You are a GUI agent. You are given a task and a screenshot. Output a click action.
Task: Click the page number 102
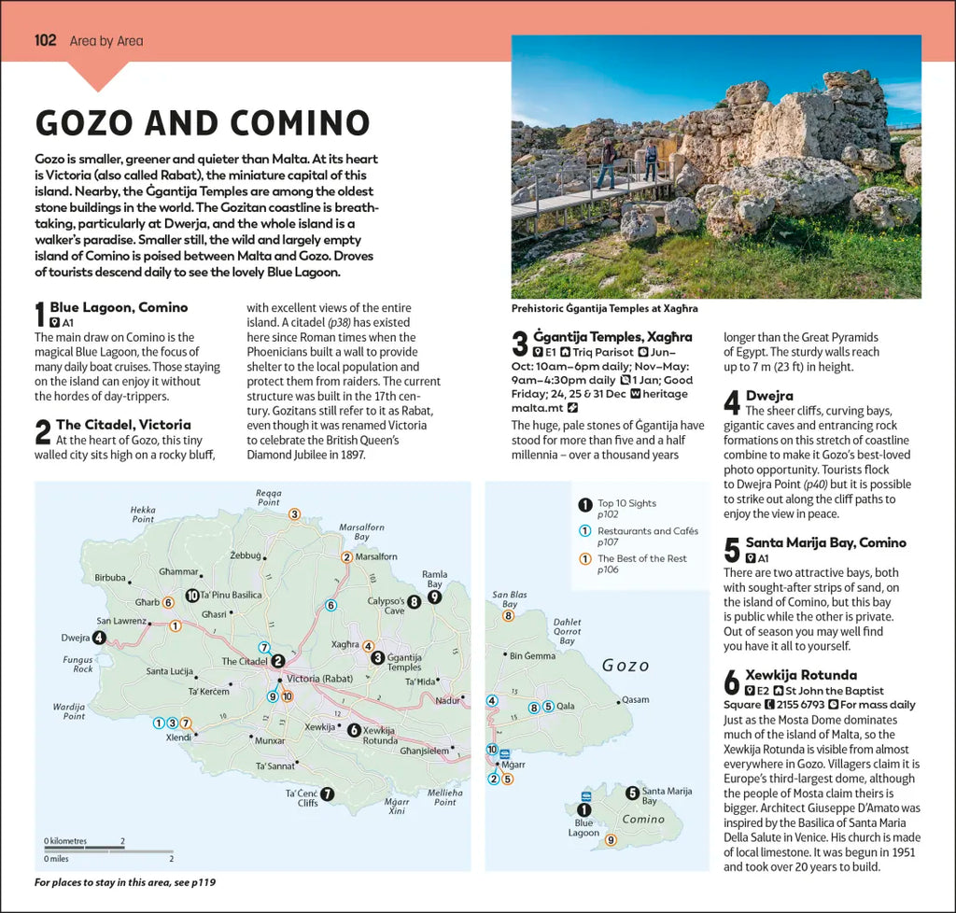pos(45,40)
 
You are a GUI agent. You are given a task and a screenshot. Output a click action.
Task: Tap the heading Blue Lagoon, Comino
pos(119,307)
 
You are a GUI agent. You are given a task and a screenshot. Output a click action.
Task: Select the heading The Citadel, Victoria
pos(123,424)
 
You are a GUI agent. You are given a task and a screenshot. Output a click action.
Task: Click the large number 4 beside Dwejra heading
pos(732,402)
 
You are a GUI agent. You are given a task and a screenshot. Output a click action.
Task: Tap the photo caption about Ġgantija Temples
pos(604,308)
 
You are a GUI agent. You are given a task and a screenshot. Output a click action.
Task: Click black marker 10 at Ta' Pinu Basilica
pos(191,595)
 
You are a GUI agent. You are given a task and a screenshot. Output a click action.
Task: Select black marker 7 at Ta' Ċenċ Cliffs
pos(327,794)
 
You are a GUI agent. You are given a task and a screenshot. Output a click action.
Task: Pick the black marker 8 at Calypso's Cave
pos(415,602)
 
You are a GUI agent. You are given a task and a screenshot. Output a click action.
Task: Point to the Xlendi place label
pos(178,737)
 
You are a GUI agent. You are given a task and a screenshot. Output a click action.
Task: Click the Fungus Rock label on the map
pos(77,664)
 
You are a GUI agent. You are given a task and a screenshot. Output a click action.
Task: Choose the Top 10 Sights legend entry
pos(626,503)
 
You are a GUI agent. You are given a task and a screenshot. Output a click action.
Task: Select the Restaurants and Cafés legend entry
pos(647,531)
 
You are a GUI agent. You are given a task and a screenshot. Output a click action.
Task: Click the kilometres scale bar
pos(83,847)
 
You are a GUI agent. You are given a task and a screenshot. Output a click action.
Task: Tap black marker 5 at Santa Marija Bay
pos(632,794)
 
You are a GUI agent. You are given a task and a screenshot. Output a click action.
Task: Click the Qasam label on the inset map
pos(635,699)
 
